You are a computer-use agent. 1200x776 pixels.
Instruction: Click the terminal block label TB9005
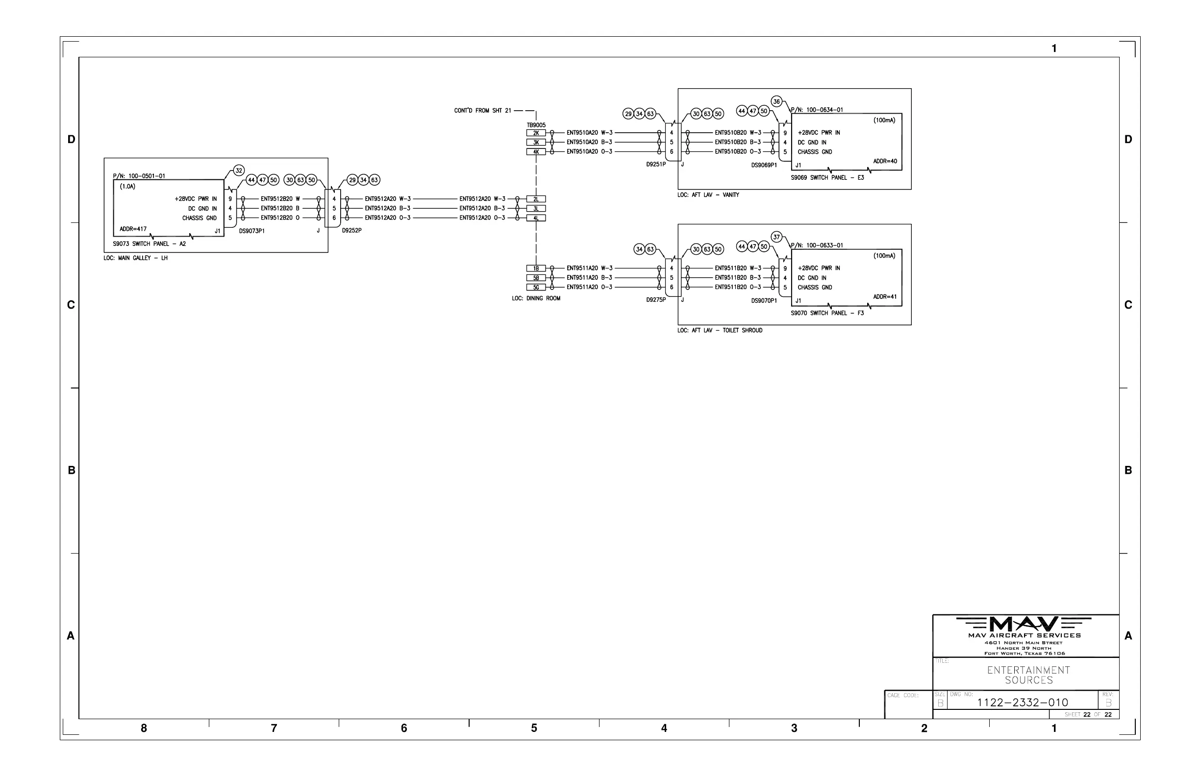coord(536,125)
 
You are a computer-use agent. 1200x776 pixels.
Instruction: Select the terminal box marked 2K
coord(536,133)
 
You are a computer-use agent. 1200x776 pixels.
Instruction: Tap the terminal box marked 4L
coord(536,218)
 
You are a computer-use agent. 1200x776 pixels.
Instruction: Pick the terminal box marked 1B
coord(536,268)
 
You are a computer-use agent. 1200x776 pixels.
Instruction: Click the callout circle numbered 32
coord(239,170)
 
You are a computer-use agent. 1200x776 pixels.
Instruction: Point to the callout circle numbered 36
coord(776,101)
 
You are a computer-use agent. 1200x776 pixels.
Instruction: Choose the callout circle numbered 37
coord(776,237)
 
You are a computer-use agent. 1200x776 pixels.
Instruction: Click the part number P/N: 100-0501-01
coord(139,176)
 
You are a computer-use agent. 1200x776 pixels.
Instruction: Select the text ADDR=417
coord(133,229)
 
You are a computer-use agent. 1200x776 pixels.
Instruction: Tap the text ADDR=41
coord(885,297)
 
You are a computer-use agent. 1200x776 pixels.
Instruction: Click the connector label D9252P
coord(351,230)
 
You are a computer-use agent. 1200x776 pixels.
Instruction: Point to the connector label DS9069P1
coord(764,165)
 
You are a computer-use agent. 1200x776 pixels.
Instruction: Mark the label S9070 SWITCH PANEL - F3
coord(827,313)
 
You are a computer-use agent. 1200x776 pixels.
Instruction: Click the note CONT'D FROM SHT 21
coord(482,110)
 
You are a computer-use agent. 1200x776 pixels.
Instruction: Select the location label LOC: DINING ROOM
coord(536,298)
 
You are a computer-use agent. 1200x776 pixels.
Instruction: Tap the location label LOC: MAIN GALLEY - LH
coord(135,258)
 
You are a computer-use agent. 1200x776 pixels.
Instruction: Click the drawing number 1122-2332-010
coord(1023,703)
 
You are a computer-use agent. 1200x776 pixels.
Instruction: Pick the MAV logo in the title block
coord(1024,624)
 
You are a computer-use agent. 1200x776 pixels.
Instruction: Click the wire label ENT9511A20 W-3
coord(589,268)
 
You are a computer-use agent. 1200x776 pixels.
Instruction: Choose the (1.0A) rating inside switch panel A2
coord(127,187)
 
